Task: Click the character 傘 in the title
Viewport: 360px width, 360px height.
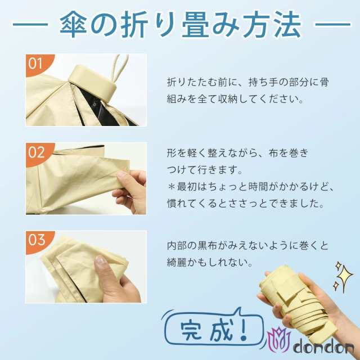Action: click(73, 24)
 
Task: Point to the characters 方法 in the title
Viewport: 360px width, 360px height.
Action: click(272, 24)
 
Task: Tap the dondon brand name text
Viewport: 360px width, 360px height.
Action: click(324, 347)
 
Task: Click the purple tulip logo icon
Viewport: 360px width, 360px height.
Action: click(279, 339)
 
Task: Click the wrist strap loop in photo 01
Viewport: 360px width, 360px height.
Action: click(119, 69)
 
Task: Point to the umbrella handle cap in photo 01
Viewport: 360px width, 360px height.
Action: click(93, 83)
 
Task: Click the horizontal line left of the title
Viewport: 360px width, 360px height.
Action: click(30, 24)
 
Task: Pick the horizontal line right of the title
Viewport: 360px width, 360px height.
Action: click(333, 24)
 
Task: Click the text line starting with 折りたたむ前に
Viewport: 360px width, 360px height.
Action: click(248, 82)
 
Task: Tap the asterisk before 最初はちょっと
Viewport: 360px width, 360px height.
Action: click(171, 187)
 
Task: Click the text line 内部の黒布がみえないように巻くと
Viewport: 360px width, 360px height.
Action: click(248, 246)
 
